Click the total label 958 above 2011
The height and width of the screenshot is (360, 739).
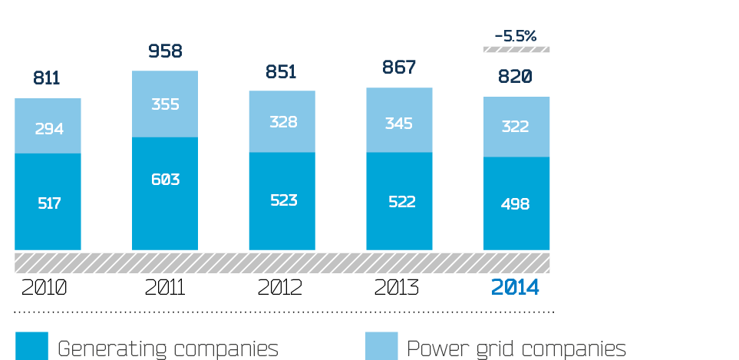click(165, 51)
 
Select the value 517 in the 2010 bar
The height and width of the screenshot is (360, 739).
click(48, 203)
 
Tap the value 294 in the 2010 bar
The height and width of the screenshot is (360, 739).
click(48, 128)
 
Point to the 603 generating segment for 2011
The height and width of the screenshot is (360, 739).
click(165, 180)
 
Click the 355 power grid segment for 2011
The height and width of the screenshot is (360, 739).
click(165, 104)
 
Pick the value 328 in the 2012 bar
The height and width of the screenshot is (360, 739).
click(283, 122)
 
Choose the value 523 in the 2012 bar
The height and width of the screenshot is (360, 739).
click(283, 200)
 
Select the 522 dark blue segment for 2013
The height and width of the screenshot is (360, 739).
click(400, 202)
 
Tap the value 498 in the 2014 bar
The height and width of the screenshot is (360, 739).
click(516, 204)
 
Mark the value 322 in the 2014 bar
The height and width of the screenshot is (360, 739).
click(516, 127)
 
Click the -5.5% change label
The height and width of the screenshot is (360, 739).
click(516, 35)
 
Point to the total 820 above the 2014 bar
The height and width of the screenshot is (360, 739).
click(516, 77)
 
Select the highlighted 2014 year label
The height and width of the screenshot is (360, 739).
click(516, 288)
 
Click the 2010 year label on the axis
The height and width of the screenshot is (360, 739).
click(45, 288)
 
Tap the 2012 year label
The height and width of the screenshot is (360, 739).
click(280, 288)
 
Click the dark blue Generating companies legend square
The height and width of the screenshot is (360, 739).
click(31, 346)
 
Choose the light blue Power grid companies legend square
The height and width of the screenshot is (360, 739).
click(381, 346)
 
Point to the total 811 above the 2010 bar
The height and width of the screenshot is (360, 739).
click(47, 78)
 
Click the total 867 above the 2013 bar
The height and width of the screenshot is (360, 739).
click(399, 68)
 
